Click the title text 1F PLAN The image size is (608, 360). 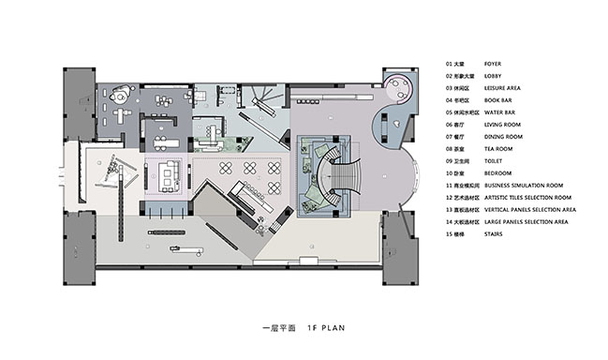(322, 330)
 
